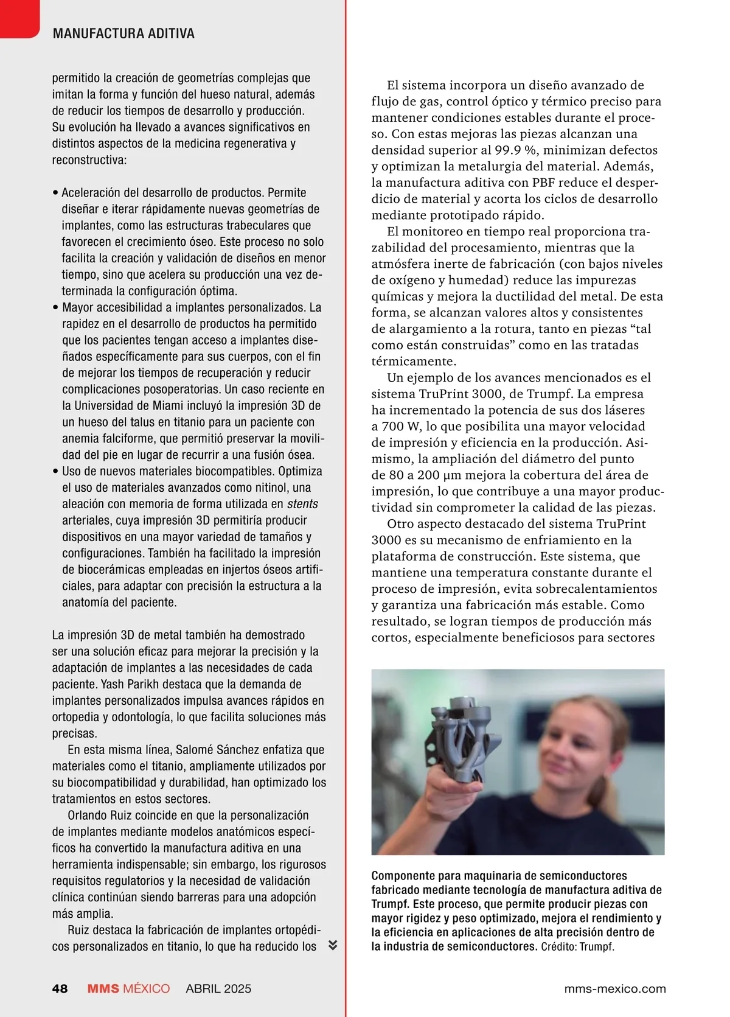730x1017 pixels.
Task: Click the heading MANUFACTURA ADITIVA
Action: click(123, 34)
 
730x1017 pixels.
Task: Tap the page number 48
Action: click(60, 988)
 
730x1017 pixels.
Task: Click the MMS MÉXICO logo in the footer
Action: click(128, 988)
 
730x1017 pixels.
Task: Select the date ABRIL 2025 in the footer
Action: click(218, 988)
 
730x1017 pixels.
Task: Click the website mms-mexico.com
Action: click(615, 988)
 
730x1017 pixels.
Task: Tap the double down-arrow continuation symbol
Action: click(333, 945)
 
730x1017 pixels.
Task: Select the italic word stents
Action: click(302, 504)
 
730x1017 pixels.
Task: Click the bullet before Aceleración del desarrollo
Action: click(55, 193)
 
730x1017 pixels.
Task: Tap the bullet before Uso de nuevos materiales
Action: click(55, 472)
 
